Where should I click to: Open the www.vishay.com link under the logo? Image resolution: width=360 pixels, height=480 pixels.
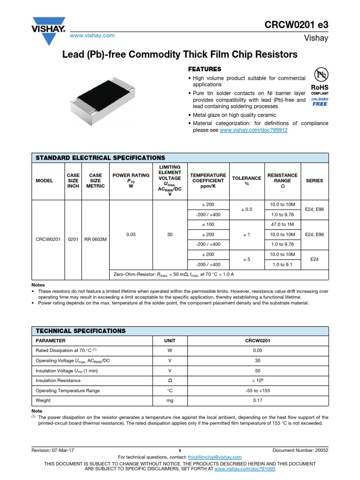coord(92,36)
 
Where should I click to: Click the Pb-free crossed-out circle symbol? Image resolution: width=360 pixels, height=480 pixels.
coord(321,75)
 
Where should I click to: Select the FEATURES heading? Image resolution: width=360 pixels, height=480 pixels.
coord(204,69)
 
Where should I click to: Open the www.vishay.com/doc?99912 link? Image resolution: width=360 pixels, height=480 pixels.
coord(253,130)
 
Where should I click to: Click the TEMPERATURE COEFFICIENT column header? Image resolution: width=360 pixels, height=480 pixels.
coord(208,180)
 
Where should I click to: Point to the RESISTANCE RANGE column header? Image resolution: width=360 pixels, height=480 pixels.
coord(282,180)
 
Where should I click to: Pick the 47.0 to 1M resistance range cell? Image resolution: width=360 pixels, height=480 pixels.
coord(282,225)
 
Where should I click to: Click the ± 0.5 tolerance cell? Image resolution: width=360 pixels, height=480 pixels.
coord(247,210)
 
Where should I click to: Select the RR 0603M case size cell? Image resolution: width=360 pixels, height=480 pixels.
coord(95,240)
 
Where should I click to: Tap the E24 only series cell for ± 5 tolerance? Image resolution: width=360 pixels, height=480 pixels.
coord(314,259)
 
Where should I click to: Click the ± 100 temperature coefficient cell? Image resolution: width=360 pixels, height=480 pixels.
coord(208,225)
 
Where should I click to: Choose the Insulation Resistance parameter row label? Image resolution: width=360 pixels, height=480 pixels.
coord(58,381)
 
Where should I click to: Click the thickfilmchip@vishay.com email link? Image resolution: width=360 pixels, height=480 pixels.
coord(214,457)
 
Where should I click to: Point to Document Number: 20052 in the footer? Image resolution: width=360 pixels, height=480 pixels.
coord(297,450)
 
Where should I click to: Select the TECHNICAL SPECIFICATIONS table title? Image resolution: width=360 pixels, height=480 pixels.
coord(81,330)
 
